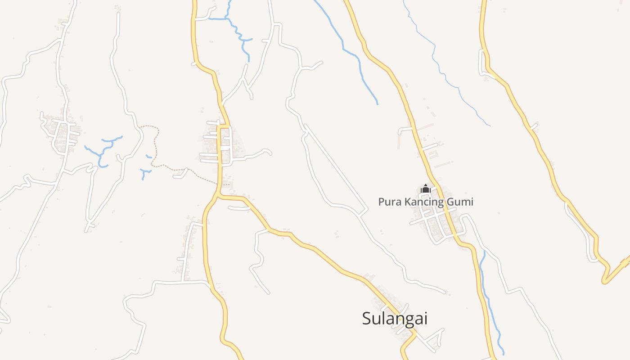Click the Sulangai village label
pos(395,319)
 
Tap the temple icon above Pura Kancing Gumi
pos(425,189)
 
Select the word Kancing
pos(424,202)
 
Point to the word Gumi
pos(460,202)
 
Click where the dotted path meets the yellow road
pos(219,184)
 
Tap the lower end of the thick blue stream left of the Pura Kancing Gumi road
pos(377,103)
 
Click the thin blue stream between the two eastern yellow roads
pos(450,81)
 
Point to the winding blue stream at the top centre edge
pos(238,31)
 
